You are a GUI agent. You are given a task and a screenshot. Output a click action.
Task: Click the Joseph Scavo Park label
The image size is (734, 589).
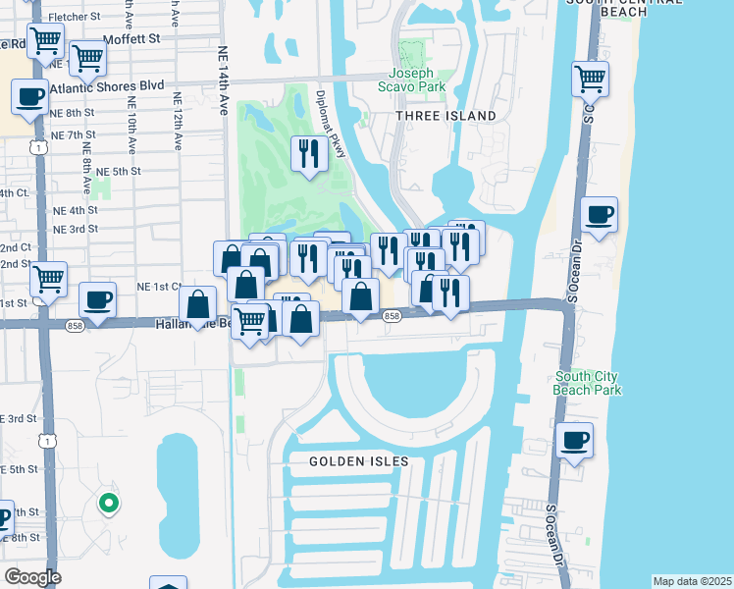click(x=417, y=80)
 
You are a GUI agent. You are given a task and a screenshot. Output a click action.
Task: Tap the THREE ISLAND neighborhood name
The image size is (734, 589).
click(x=446, y=116)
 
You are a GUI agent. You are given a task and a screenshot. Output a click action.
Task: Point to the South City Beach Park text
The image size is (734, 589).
click(x=589, y=383)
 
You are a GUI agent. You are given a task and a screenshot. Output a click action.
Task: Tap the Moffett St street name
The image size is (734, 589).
click(x=133, y=38)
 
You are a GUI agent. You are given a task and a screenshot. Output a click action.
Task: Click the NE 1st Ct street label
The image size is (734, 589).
click(x=159, y=287)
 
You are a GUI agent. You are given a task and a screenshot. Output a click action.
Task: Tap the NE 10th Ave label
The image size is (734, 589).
click(x=131, y=125)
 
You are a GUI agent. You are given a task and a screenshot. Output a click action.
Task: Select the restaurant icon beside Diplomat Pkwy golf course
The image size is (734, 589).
click(x=310, y=153)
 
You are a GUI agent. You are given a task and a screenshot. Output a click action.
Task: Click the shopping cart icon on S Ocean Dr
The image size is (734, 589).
click(x=590, y=78)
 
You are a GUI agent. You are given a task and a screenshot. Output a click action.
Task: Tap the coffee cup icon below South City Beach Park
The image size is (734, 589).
click(x=574, y=440)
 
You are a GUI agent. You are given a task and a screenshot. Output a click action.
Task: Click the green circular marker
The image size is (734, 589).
click(x=109, y=505)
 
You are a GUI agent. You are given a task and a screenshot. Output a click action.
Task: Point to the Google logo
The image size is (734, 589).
click(x=32, y=577)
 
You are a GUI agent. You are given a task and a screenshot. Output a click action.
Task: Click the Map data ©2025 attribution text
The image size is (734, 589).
click(x=692, y=581)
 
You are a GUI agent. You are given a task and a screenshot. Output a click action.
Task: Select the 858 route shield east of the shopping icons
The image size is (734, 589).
click(x=392, y=316)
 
